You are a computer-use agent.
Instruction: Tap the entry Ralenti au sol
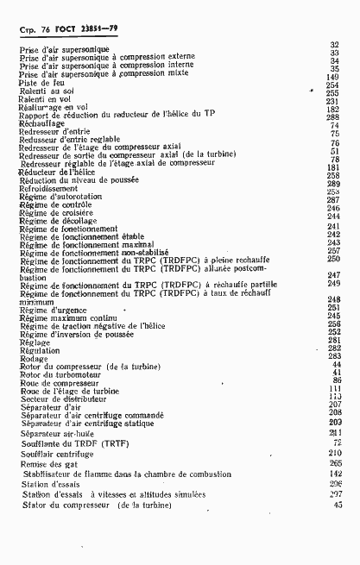click(x=43, y=91)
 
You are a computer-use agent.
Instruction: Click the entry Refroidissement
click(x=47, y=189)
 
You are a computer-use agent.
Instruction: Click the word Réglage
click(x=35, y=342)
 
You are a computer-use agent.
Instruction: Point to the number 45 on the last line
click(x=338, y=505)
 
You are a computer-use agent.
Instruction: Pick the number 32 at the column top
click(x=336, y=44)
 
